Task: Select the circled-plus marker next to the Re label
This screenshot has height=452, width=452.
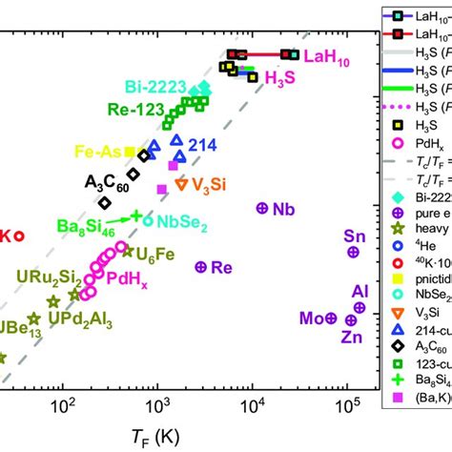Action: [199, 268]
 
